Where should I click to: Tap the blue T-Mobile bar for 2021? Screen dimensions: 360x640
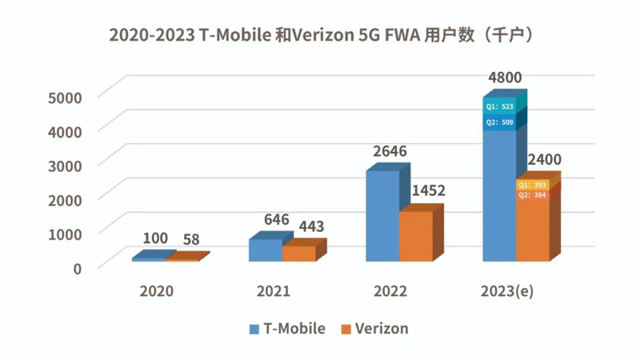pos(265,250)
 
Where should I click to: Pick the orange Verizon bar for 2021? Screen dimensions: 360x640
pos(298,254)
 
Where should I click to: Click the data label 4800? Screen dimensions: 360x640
pos(504,78)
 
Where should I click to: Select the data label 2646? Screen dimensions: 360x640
pos(389,150)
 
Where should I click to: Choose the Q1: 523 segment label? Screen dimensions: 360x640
pos(499,107)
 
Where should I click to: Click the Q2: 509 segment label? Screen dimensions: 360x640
pos(499,122)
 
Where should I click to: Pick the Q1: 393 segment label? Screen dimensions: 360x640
pos(533,185)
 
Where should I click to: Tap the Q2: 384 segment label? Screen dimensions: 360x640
pos(533,195)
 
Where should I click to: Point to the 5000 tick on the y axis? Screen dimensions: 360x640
pos(66,97)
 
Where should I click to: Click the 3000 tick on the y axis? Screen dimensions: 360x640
pos(66,165)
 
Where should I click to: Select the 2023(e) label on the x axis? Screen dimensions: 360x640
pos(506,291)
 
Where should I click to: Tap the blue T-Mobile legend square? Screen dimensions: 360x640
pos(254,329)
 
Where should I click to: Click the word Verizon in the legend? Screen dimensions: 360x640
pos(382,328)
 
